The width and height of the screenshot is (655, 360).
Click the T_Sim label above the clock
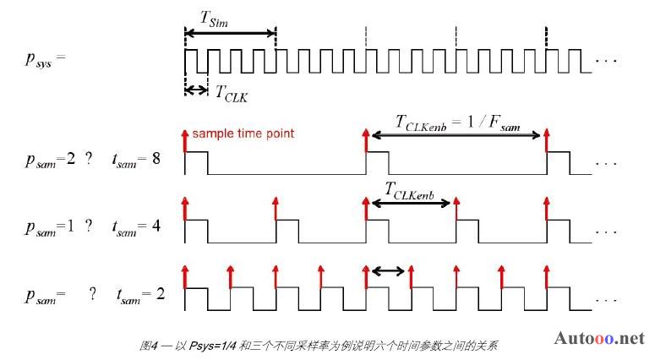pos(215,19)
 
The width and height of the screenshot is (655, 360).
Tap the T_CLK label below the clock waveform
pos(232,94)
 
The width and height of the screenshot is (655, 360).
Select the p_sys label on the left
pos(45,59)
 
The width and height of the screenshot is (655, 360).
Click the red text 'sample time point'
pos(243,134)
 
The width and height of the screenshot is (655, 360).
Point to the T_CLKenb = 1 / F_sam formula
pos(457,123)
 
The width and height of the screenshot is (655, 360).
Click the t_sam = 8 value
pos(137,160)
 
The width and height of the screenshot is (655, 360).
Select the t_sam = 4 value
pos(137,227)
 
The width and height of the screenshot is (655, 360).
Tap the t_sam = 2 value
pos(141,295)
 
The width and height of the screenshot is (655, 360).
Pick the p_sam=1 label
pos(50,228)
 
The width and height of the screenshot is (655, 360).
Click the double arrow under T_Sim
pos(230,33)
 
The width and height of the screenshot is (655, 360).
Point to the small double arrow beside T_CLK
pos(196,90)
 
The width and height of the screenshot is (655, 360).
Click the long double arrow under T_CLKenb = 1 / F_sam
pos(456,135)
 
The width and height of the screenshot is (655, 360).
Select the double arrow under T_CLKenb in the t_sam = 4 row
pos(411,204)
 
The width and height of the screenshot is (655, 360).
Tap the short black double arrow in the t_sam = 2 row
pos(388,271)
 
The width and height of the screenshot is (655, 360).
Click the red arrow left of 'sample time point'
pos(185,141)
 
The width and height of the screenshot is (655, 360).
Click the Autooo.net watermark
pos(599,338)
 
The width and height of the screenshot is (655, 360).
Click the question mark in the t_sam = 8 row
pos(89,159)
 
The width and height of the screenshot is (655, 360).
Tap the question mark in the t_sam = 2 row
pos(92,294)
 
